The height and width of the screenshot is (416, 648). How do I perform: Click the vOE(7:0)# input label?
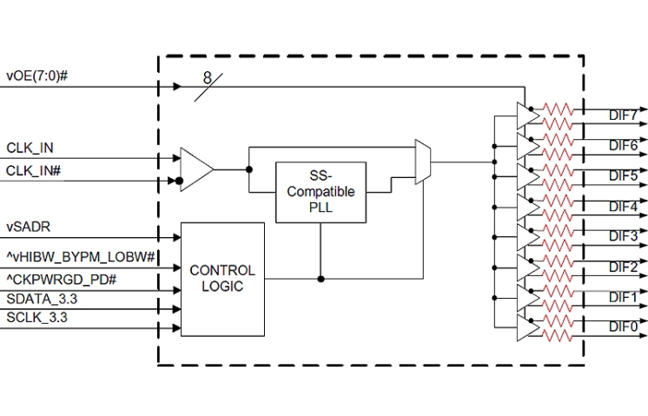37,76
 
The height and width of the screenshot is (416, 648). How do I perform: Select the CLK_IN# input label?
34,170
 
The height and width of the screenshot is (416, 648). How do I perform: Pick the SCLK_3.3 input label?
37,318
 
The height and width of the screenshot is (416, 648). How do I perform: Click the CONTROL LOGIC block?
222,279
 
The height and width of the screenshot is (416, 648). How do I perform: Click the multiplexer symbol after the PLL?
423,161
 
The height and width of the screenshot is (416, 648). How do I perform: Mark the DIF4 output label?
623,206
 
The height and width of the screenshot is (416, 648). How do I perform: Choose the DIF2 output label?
623,267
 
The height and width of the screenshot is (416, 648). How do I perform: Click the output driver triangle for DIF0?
526,327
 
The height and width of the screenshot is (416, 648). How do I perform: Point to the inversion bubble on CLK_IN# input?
180,182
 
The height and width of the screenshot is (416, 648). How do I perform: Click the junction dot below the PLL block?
321,279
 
